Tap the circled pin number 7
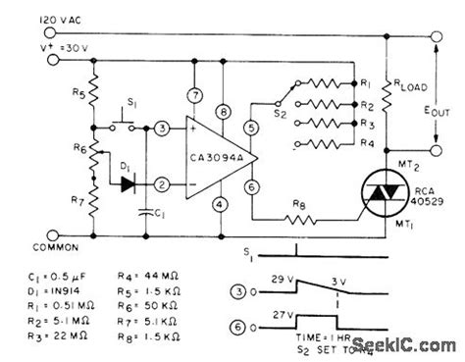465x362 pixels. click(x=196, y=94)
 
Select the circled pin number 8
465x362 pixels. click(x=225, y=112)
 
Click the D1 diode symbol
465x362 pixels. click(x=127, y=183)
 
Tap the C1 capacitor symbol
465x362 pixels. click(x=144, y=209)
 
